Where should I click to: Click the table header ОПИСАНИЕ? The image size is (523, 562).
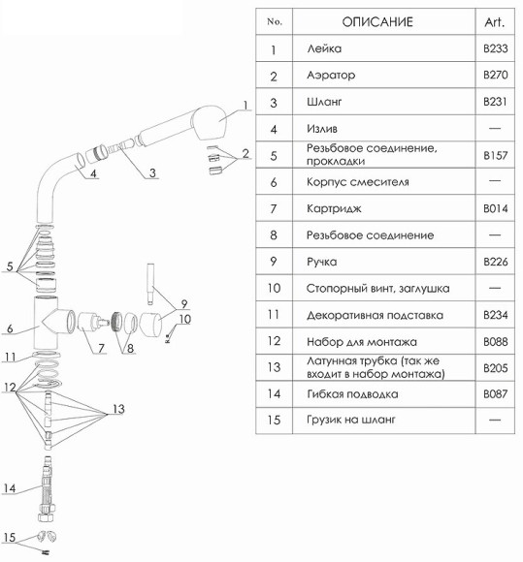tap(377, 21)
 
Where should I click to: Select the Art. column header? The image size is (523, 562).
tap(494, 21)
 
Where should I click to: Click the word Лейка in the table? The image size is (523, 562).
tap(322, 48)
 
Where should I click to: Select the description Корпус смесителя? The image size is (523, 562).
tap(357, 181)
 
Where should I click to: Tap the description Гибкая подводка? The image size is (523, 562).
tap(351, 394)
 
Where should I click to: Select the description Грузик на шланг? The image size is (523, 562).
tap(352, 420)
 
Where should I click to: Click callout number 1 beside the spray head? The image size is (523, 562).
tap(246, 106)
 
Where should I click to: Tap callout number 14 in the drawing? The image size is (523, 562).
tap(10, 488)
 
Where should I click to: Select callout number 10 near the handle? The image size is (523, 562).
tap(185, 319)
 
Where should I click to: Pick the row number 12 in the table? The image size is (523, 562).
tap(274, 341)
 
